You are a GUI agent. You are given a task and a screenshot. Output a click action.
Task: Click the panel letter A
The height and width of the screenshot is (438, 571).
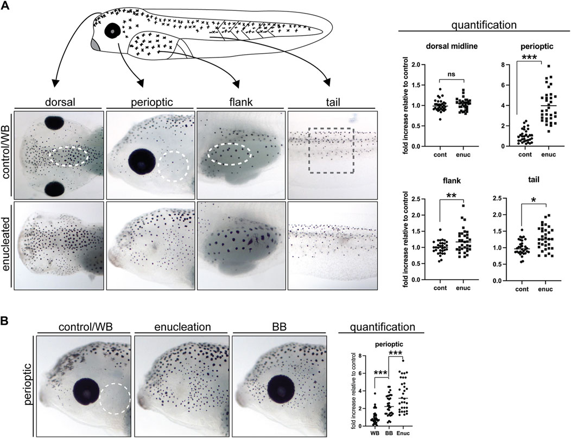click(x=5, y=6)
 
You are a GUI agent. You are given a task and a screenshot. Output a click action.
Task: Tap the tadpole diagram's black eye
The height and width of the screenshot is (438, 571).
click(x=112, y=31)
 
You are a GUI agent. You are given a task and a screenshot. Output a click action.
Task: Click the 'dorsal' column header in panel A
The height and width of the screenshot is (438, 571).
click(x=60, y=102)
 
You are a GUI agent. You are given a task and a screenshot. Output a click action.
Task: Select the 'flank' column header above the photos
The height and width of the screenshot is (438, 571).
click(x=242, y=102)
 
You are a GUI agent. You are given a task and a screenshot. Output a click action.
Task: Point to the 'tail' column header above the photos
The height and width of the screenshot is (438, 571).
click(x=333, y=102)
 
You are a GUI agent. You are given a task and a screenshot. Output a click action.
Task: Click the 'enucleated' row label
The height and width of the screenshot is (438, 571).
click(x=6, y=245)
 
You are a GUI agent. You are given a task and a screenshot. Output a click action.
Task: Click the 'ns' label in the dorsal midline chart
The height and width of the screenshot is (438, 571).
click(x=452, y=74)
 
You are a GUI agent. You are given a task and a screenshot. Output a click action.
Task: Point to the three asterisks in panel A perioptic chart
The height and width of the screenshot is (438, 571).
click(x=530, y=58)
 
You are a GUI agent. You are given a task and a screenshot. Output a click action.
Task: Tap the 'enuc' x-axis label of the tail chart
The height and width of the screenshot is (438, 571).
click(x=545, y=289)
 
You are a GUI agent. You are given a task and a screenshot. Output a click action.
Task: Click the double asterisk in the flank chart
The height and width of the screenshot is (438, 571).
click(x=452, y=194)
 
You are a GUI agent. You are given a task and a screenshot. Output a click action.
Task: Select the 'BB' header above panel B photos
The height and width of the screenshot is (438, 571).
click(x=279, y=326)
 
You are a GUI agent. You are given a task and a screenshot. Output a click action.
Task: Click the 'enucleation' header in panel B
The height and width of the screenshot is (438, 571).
click(x=183, y=326)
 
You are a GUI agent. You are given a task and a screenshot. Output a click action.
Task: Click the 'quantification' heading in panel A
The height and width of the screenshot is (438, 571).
click(x=484, y=25)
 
